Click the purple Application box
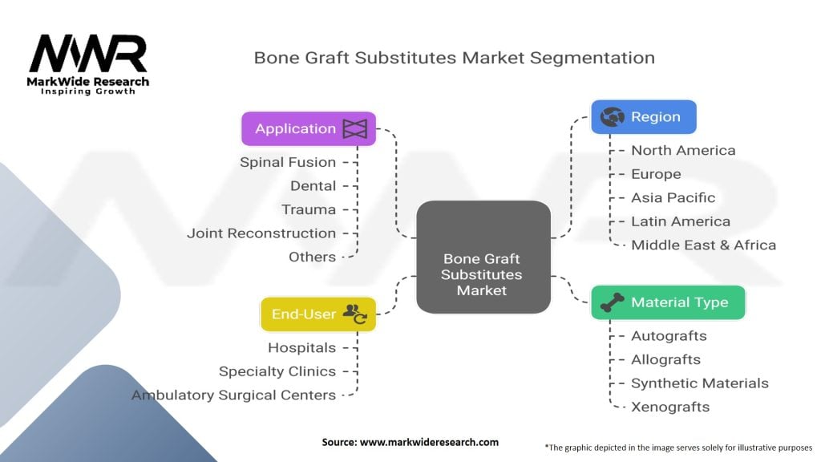pyautogui.click(x=309, y=128)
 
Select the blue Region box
pyautogui.click(x=643, y=117)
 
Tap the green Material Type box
pyautogui.click(x=668, y=302)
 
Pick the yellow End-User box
pyautogui.click(x=318, y=314)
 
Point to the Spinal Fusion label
pyautogui.click(x=288, y=162)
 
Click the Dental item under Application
pyautogui.click(x=313, y=186)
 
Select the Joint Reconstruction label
pyautogui.click(x=261, y=233)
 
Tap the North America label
pyautogui.click(x=682, y=150)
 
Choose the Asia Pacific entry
pyautogui.click(x=673, y=197)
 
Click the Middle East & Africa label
pyautogui.click(x=703, y=245)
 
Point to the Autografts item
pyautogui.click(x=669, y=336)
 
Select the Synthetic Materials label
pyautogui.click(x=699, y=383)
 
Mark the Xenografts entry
pyautogui.click(x=669, y=407)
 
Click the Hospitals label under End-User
pyautogui.click(x=301, y=347)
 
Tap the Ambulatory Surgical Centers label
pyautogui.click(x=233, y=395)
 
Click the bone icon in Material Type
pyautogui.click(x=613, y=302)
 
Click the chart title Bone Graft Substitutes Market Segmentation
pyautogui.click(x=454, y=58)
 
